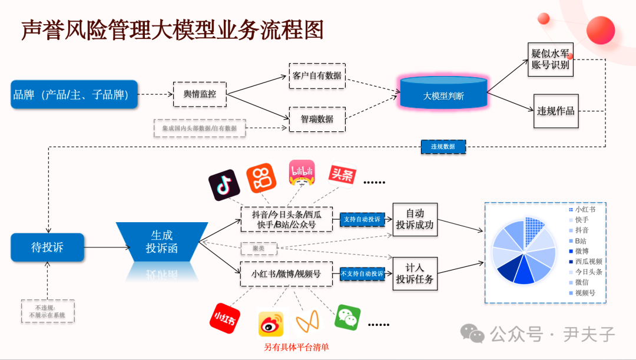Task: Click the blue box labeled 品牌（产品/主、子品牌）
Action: click(74, 94)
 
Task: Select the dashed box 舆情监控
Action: click(200, 94)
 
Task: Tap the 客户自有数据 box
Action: click(317, 76)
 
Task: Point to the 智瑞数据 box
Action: click(317, 119)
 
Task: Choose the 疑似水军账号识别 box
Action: click(551, 59)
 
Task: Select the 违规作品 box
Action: click(555, 111)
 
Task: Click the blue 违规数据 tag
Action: click(443, 146)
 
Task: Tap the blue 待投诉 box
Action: click(47, 247)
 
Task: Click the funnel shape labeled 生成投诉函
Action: click(161, 242)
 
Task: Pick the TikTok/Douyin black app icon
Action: click(224, 185)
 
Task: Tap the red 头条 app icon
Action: click(342, 175)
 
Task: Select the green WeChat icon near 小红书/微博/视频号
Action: click(347, 318)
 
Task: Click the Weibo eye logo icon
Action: click(271, 323)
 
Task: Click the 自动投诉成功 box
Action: click(415, 219)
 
